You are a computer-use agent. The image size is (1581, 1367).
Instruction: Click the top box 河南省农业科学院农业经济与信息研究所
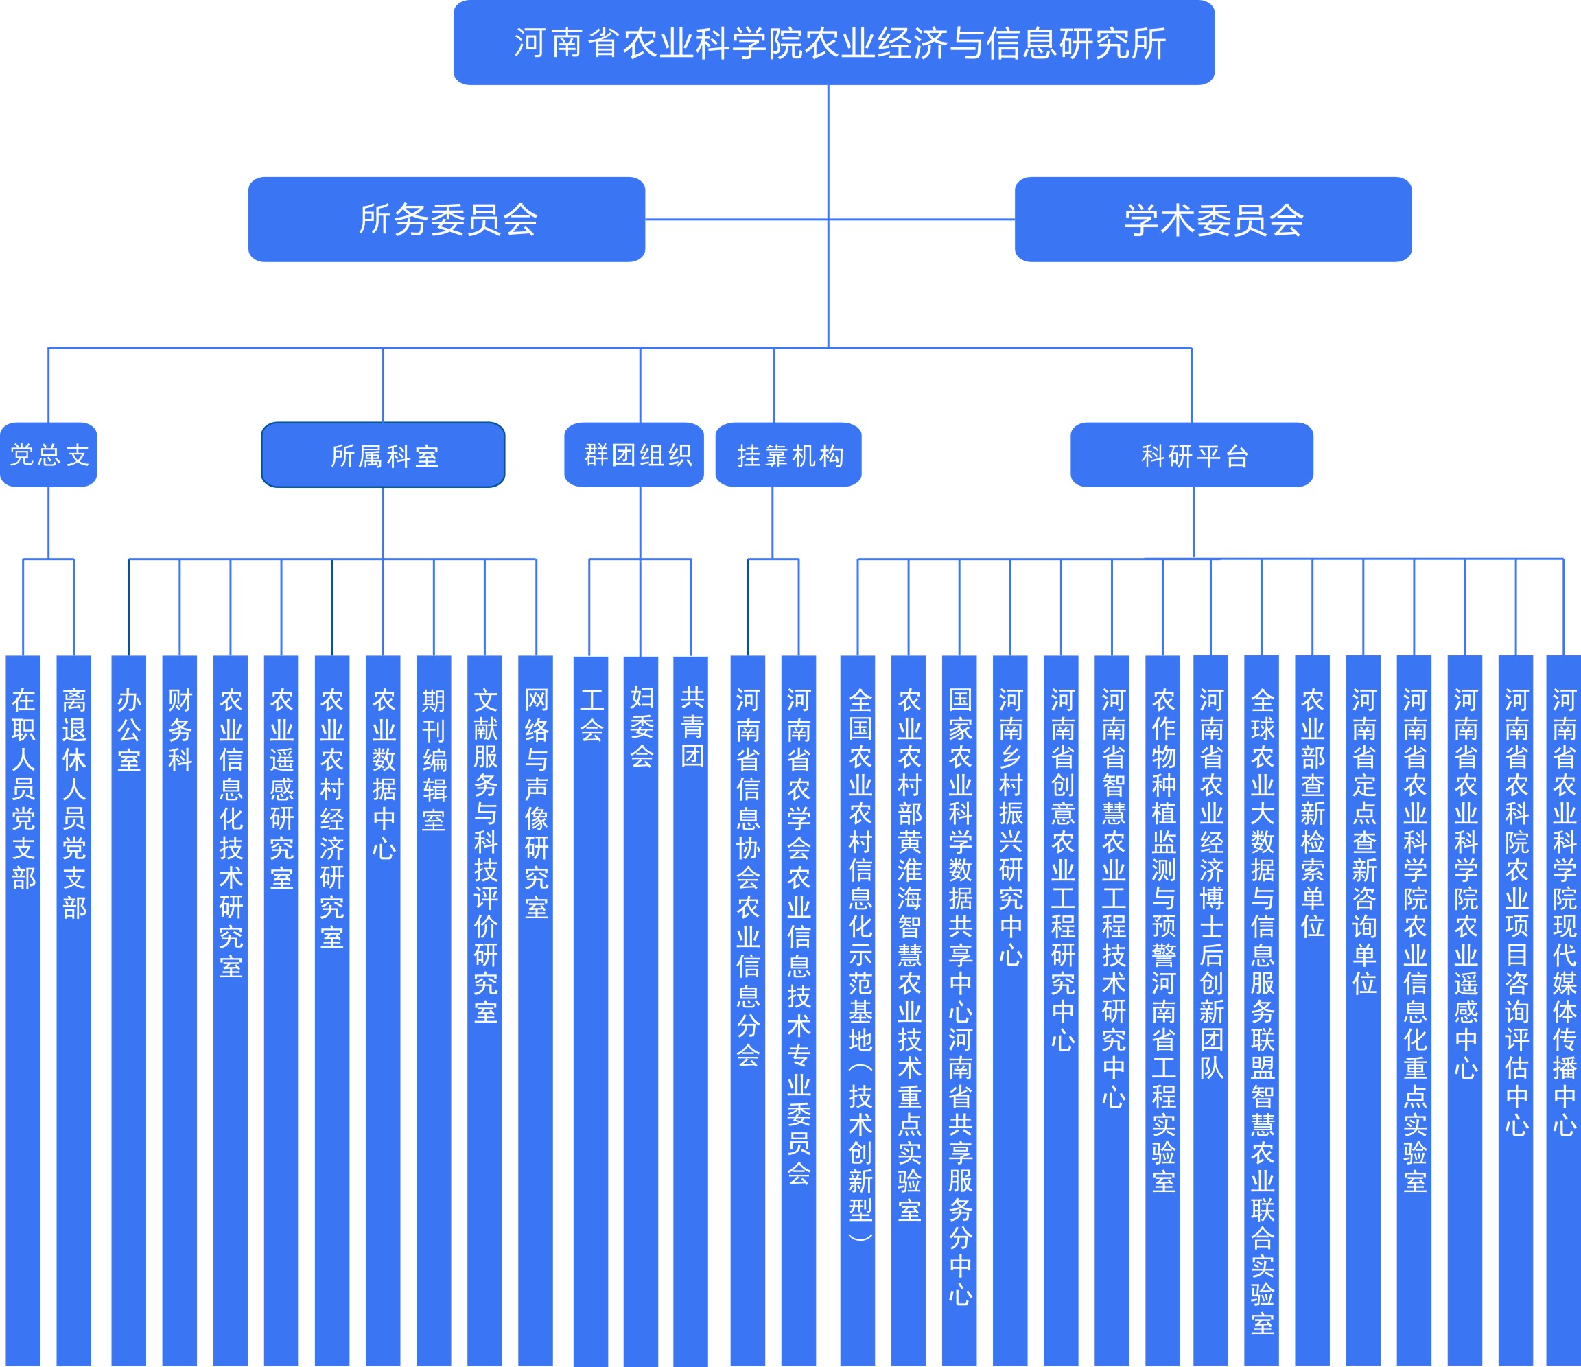833,43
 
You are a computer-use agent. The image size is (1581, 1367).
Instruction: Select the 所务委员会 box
447,220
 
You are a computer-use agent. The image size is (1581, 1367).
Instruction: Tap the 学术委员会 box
1213,220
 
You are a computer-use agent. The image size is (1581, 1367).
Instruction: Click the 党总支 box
49,455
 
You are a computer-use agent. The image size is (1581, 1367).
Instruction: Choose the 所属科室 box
383,455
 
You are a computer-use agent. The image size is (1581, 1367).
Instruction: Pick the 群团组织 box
634,455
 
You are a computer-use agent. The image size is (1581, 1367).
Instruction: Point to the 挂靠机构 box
788,455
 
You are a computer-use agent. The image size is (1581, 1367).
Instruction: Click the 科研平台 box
1192,455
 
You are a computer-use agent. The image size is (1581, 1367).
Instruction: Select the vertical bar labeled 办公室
129,1011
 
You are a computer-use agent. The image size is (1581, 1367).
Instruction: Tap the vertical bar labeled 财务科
180,1011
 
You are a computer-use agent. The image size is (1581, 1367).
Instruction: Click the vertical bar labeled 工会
591,1012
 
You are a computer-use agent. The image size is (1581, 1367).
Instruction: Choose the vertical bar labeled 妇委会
641,1012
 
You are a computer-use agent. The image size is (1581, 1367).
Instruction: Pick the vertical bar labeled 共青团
690,1012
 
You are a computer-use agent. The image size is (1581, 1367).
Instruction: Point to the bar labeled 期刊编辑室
434,1011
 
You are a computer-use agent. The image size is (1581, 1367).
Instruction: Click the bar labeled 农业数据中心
383,1011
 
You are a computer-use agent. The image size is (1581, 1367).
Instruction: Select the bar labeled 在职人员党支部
23,1011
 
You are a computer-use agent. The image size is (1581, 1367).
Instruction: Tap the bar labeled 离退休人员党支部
74,1011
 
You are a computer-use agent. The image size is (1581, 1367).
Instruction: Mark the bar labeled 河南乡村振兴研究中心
1010,1011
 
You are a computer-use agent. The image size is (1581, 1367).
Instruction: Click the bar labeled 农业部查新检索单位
1313,1011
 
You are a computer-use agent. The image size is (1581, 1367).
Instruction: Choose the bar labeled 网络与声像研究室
536,1011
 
